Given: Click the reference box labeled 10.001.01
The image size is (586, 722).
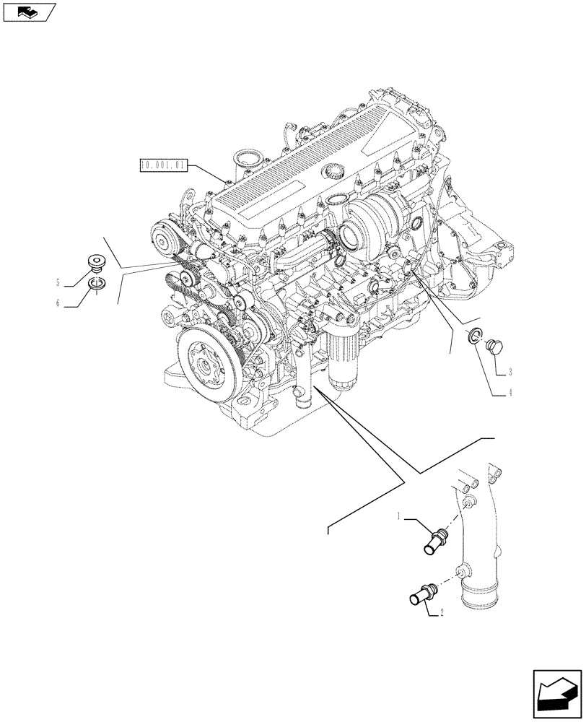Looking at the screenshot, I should click(x=164, y=165).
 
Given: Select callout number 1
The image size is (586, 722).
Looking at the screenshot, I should click(x=398, y=516).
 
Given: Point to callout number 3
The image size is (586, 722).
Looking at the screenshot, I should click(x=510, y=372).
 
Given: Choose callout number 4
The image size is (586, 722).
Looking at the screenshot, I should click(x=510, y=393).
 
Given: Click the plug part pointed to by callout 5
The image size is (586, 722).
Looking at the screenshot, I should click(x=95, y=262).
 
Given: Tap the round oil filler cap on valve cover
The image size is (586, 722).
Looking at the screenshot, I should click(x=333, y=172).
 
